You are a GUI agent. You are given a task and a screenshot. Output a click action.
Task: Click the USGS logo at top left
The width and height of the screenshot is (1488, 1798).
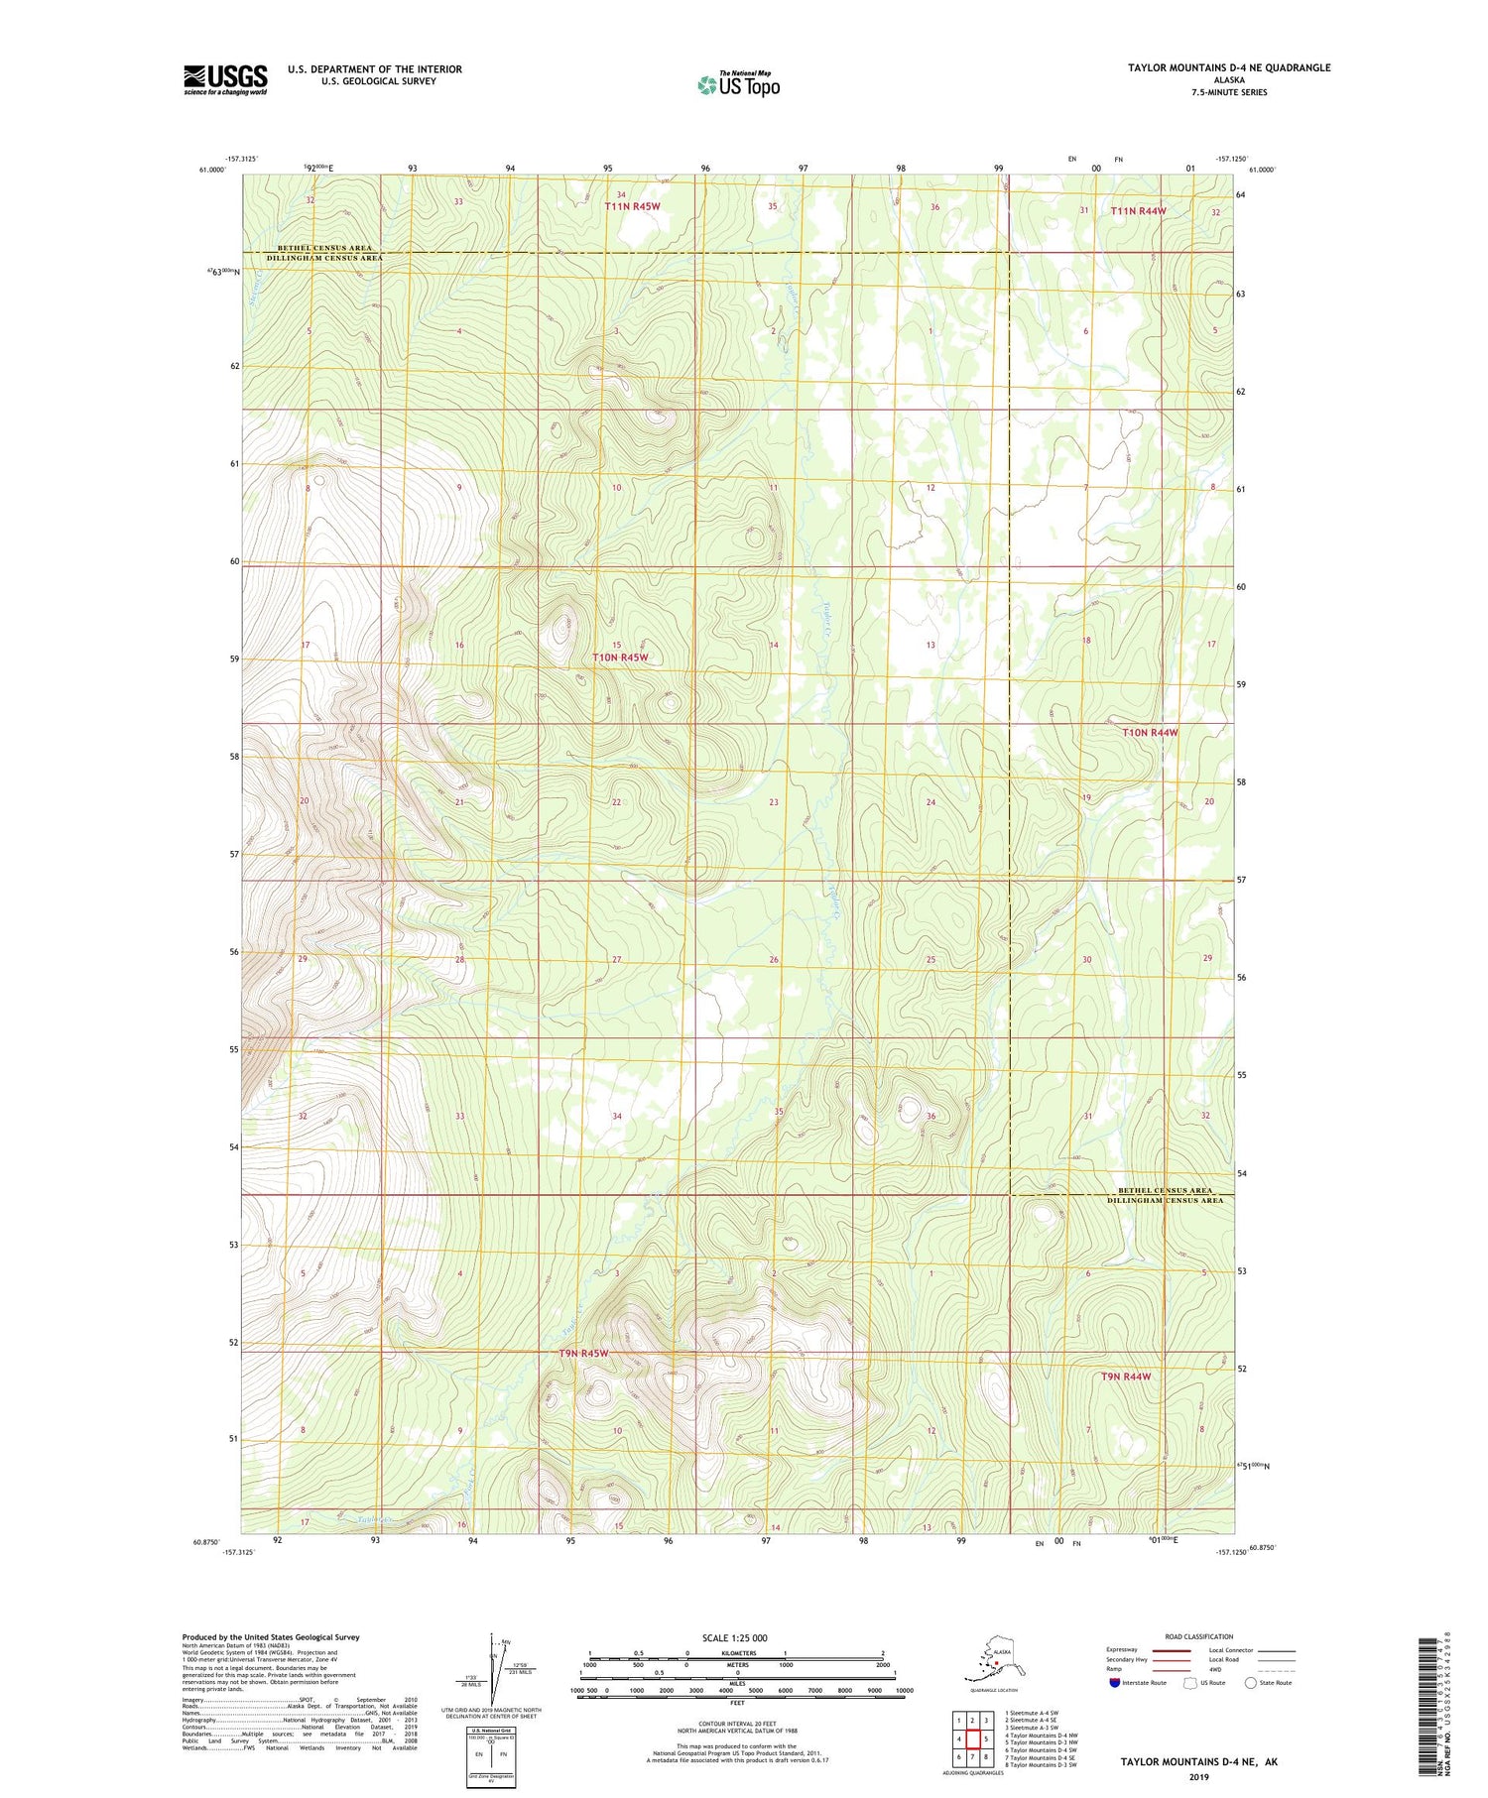(x=225, y=79)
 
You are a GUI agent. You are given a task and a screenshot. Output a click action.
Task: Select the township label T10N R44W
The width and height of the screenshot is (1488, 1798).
(x=1150, y=732)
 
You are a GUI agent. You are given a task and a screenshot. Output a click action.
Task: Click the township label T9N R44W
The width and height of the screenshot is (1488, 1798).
(x=1126, y=1377)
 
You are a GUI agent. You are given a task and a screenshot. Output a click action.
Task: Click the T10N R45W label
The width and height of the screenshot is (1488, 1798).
(x=620, y=658)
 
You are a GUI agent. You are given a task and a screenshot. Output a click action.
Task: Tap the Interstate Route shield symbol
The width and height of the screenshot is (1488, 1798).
(x=1114, y=1683)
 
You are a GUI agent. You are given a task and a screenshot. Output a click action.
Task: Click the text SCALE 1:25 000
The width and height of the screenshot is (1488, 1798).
(x=735, y=1637)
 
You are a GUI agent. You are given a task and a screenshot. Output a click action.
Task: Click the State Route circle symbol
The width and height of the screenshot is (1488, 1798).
(x=1251, y=1683)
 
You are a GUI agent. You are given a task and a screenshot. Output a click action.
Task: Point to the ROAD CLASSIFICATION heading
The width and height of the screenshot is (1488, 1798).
(x=1198, y=1636)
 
